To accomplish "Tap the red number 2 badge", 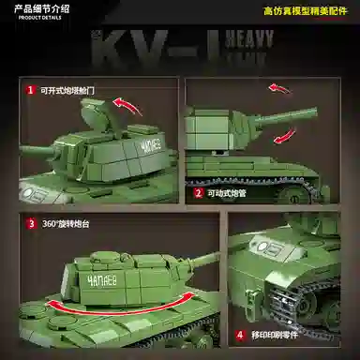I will [x=199, y=193].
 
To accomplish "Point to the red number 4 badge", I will [x=240, y=335].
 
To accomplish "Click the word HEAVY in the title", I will [x=249, y=40].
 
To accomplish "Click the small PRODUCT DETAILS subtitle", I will [x=34, y=20].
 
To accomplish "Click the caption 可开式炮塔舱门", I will [x=67, y=91].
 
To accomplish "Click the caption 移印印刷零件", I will [x=271, y=335].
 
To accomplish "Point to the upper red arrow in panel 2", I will [x=284, y=89].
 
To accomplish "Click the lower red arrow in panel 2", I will [x=284, y=138].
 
